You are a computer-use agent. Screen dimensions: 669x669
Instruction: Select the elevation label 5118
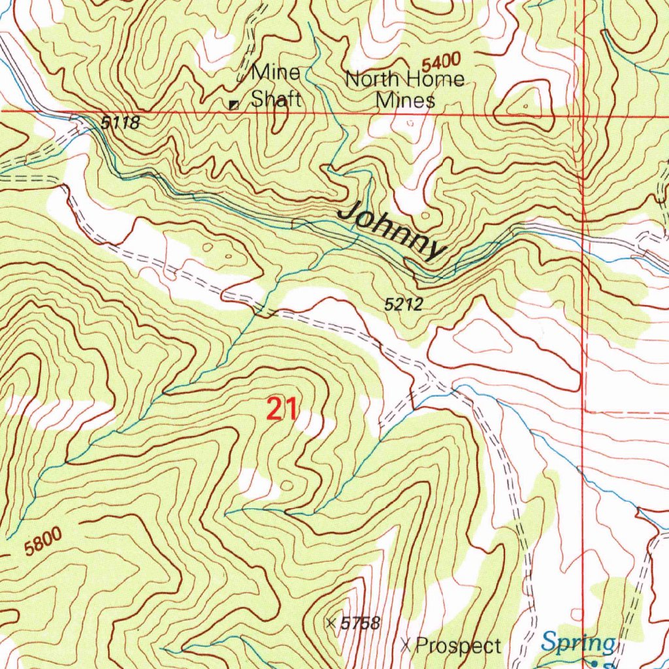point(121,122)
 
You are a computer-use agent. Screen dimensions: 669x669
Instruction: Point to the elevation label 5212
point(404,304)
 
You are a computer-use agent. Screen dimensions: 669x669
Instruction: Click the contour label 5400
point(442,64)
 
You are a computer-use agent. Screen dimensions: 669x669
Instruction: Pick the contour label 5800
point(44,542)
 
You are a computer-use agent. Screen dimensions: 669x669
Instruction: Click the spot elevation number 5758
point(360,623)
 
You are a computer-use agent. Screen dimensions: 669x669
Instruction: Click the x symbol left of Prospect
point(406,646)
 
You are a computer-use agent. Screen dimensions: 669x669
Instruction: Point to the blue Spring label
point(578,643)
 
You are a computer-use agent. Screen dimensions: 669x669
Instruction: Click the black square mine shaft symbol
point(233,104)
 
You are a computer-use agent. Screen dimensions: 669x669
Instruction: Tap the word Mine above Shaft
point(276,73)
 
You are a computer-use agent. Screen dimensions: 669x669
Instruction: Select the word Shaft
point(276,99)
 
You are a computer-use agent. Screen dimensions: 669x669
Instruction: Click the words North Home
point(405,80)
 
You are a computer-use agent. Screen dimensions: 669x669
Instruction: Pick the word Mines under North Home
point(405,101)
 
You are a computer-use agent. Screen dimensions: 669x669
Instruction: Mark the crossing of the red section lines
point(583,112)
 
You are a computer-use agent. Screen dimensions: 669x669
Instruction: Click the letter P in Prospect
point(422,646)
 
